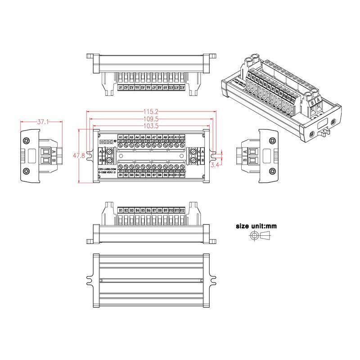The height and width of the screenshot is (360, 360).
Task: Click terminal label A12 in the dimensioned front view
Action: tap(182, 137)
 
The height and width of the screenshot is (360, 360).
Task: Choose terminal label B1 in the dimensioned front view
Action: tap(121, 175)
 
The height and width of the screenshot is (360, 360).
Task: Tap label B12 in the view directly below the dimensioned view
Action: tap(182, 210)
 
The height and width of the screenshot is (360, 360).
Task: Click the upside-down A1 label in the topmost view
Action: tap(121, 88)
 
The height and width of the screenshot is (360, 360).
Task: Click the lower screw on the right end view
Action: tap(272, 171)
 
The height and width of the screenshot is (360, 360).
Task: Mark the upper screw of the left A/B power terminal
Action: tap(108, 152)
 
